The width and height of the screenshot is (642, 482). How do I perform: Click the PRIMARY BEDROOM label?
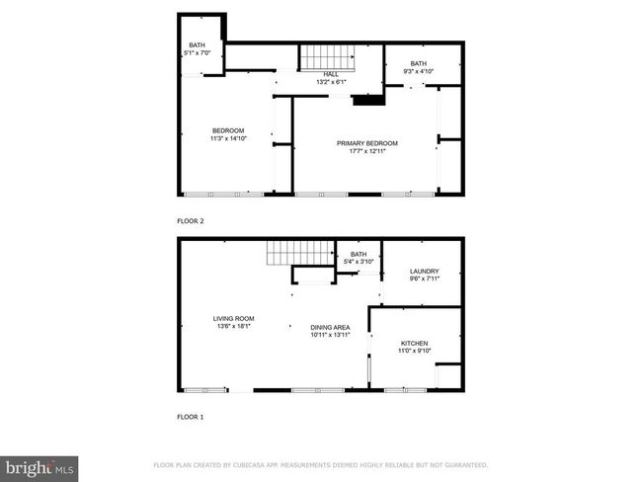click(x=366, y=143)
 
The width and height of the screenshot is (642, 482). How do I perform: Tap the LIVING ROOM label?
click(x=233, y=319)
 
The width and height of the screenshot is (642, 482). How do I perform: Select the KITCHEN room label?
click(x=415, y=344)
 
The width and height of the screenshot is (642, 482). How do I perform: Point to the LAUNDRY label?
click(x=424, y=271)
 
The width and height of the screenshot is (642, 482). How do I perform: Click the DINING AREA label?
click(x=330, y=328)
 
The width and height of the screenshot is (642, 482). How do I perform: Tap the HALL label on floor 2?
click(x=331, y=74)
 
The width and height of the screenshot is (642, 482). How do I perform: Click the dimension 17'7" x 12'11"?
click(x=367, y=151)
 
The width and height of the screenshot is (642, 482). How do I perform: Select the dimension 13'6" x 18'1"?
click(x=233, y=326)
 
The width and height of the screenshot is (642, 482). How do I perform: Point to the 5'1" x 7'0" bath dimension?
click(x=197, y=52)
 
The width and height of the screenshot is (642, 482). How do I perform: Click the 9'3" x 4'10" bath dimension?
click(x=418, y=71)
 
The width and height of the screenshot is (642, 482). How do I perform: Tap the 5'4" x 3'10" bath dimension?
click(x=359, y=262)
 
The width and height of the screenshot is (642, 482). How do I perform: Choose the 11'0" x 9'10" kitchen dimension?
click(x=415, y=351)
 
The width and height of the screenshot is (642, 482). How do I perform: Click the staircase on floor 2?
click(x=328, y=57)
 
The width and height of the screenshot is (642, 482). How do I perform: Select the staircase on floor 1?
click(x=300, y=253)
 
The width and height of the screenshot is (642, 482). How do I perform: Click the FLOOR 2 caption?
click(x=191, y=221)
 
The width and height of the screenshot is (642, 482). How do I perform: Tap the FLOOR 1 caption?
click(x=191, y=417)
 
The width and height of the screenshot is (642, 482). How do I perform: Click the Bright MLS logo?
click(x=39, y=469)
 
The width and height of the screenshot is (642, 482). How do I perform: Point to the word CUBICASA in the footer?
click(x=249, y=465)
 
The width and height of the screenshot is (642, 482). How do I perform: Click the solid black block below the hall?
click(x=368, y=101)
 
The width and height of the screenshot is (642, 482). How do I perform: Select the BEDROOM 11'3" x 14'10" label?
click(x=228, y=134)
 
